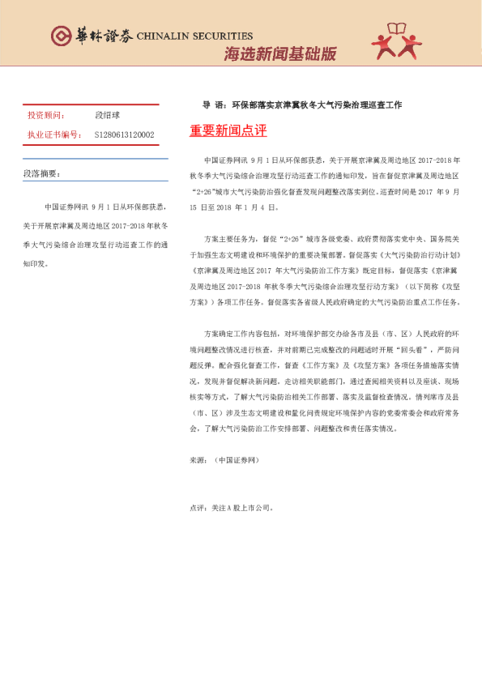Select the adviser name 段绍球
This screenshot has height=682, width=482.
pos(107,116)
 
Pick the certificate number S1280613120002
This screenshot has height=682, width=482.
pos(124,134)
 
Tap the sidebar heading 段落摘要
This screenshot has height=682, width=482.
pos(41,173)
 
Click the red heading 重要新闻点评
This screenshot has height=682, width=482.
pos(228,130)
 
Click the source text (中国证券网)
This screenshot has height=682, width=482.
pos(235,459)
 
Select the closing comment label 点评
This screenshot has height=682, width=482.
pos(197,508)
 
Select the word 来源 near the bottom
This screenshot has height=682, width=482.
pos(197,459)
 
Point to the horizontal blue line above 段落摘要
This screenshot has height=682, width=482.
pos(94,159)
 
